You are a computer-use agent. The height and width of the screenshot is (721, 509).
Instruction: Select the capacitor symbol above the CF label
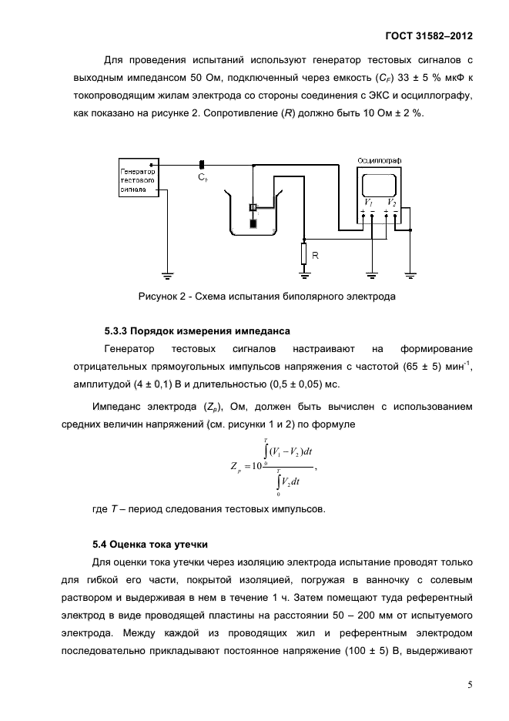pyautogui.click(x=202, y=164)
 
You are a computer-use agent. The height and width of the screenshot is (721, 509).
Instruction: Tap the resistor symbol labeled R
pyautogui.click(x=304, y=253)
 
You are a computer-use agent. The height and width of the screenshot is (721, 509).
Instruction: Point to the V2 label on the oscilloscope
pyautogui.click(x=392, y=203)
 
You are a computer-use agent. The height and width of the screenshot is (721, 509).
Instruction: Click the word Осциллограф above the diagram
pyautogui.click(x=380, y=159)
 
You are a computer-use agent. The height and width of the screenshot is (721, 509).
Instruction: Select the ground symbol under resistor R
pyautogui.click(x=304, y=273)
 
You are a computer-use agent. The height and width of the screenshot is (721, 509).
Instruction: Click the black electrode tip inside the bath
pyautogui.click(x=253, y=224)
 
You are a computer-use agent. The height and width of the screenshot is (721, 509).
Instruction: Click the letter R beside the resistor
pyautogui.click(x=316, y=254)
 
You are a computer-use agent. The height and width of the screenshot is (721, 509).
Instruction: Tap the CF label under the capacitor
pyautogui.click(x=203, y=178)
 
